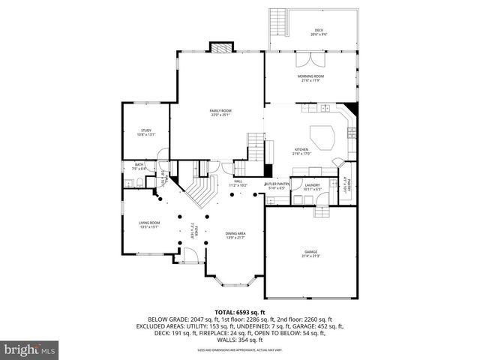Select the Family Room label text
point(220,112)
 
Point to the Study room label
point(145,132)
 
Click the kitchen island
point(322,136)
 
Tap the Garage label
point(311,253)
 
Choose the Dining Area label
point(235,235)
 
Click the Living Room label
point(148,224)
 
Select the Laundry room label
point(313,187)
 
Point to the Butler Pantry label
point(276,185)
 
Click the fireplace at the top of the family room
point(220,48)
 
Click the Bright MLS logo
point(30,349)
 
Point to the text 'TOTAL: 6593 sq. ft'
point(240,311)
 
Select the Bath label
point(139,166)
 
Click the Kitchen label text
point(301,151)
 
